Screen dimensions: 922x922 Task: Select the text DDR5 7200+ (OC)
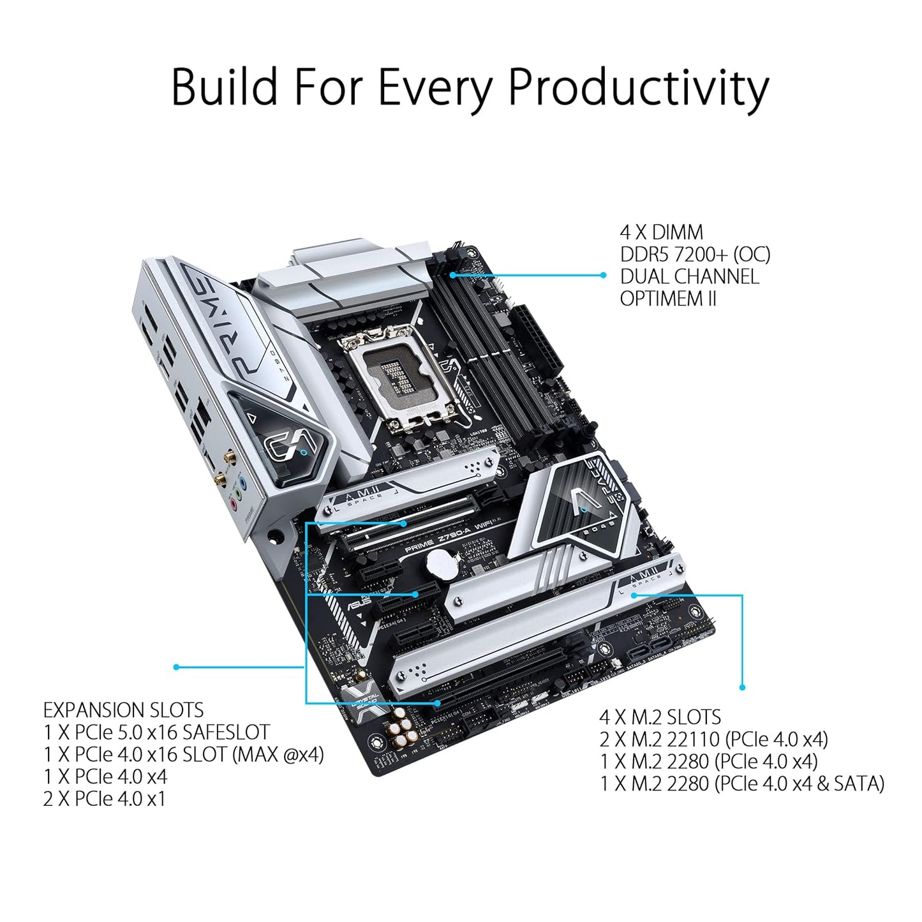695,255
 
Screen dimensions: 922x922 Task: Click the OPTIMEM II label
668,299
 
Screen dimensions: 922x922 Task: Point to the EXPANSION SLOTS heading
123,710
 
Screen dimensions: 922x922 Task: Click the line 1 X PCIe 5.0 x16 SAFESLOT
156,732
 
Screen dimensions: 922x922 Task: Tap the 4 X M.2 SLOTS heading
660,717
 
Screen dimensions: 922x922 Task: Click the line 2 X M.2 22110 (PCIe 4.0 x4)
713,740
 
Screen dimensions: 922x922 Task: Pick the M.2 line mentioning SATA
742,784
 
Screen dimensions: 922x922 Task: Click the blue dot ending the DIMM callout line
603,275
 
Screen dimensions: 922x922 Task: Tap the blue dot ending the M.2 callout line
742,687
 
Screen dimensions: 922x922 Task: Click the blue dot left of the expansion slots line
176,667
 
